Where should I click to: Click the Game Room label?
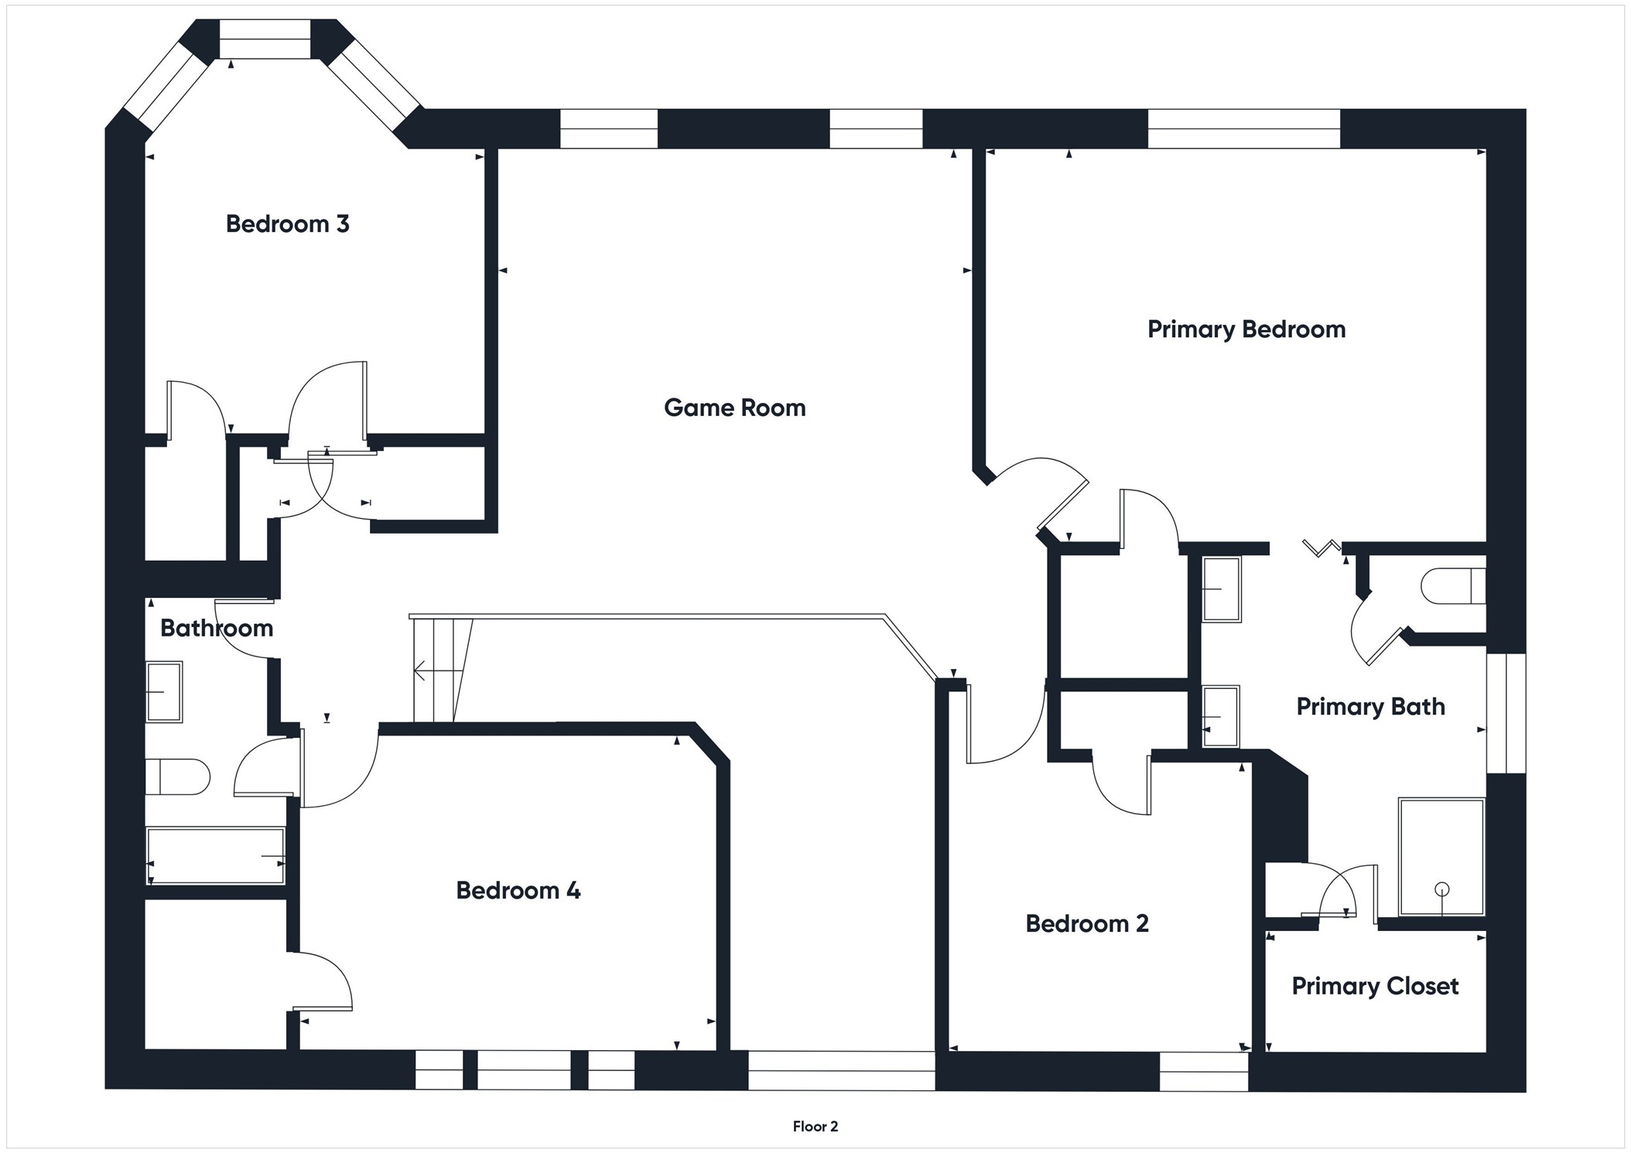pyautogui.click(x=734, y=408)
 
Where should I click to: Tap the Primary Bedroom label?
pyautogui.click(x=1246, y=329)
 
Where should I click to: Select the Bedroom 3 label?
pyautogui.click(x=287, y=224)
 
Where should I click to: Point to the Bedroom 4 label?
pyautogui.click(x=518, y=891)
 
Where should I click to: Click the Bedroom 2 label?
pyautogui.click(x=1086, y=923)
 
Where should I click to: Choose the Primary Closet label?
pyautogui.click(x=1375, y=986)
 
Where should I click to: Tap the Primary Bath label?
pyautogui.click(x=1370, y=707)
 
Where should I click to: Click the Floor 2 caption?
pyautogui.click(x=815, y=1127)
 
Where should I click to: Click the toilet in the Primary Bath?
pyautogui.click(x=1452, y=586)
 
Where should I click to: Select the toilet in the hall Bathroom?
pyautogui.click(x=177, y=776)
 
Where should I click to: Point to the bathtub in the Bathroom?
pyautogui.click(x=216, y=856)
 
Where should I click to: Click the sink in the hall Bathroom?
pyautogui.click(x=164, y=692)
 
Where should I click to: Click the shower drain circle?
pyautogui.click(x=1441, y=889)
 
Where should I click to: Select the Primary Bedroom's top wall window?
pyautogui.click(x=1243, y=128)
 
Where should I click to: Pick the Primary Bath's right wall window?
pyautogui.click(x=1506, y=712)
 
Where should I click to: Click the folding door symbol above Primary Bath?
pyautogui.click(x=1322, y=548)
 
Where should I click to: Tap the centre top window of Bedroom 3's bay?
pyautogui.click(x=265, y=39)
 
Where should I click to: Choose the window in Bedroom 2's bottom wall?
pyautogui.click(x=1203, y=1071)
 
